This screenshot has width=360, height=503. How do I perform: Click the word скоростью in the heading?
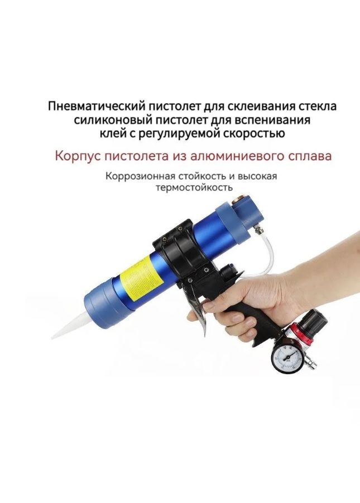click(254, 133)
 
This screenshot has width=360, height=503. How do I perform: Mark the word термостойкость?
click(194, 187)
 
